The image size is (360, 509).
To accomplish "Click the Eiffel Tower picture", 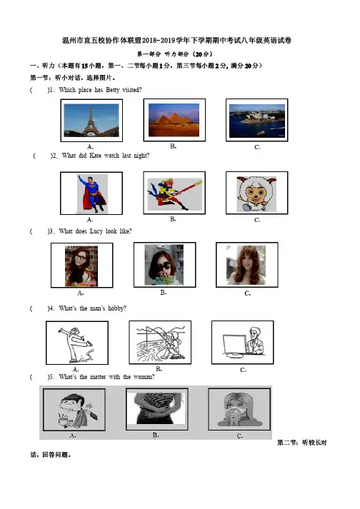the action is click(x=91, y=121).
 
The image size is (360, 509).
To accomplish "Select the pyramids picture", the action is click(x=174, y=120).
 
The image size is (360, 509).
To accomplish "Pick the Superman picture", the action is click(x=92, y=193).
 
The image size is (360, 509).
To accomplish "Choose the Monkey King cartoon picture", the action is click(x=174, y=193).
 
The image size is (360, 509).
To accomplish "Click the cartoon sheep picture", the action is click(x=256, y=194).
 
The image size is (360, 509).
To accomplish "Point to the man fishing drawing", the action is click(x=160, y=343).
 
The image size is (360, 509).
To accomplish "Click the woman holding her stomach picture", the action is click(x=156, y=408).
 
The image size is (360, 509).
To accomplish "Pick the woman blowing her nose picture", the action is click(x=239, y=409).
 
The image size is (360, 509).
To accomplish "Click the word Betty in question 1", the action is click(x=113, y=90).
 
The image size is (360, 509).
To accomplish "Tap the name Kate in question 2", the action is click(x=95, y=156).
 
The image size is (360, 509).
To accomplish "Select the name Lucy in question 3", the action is click(x=96, y=231).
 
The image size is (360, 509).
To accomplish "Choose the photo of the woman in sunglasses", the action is click(x=164, y=265).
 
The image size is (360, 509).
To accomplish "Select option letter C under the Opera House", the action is click(x=257, y=147).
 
